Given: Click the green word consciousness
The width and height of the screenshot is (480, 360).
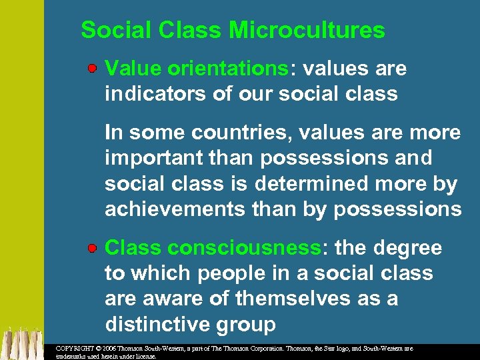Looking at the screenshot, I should click(x=245, y=248).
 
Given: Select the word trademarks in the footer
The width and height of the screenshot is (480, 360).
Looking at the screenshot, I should click(x=72, y=356).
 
